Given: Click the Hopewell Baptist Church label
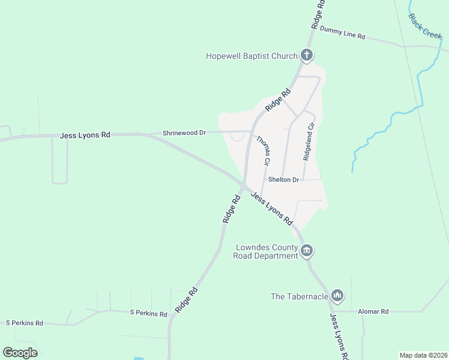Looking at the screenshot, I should tap(252, 56).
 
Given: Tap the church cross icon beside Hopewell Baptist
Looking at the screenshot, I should tap(307, 56).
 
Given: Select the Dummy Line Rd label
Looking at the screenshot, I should tap(342, 32).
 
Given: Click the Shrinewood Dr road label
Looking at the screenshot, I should tap(184, 133).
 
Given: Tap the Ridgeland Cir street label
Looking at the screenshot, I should tap(309, 142).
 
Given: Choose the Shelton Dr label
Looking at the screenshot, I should tap(283, 179).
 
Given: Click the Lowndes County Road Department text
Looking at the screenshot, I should tap(266, 251).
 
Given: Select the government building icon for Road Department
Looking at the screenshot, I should tap(307, 250).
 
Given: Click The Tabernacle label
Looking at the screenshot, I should tap(300, 296).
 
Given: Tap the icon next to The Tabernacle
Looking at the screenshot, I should tap(337, 296).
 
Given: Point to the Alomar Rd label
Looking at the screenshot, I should tap(373, 311).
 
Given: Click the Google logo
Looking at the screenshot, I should tap(20, 353).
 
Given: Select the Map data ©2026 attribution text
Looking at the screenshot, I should tap(423, 355).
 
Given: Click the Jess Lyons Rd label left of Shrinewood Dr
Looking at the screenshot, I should tap(85, 136).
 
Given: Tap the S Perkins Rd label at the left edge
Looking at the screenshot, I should tap(25, 323).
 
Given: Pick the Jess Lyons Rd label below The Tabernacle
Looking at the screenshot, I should tap(338, 337).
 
